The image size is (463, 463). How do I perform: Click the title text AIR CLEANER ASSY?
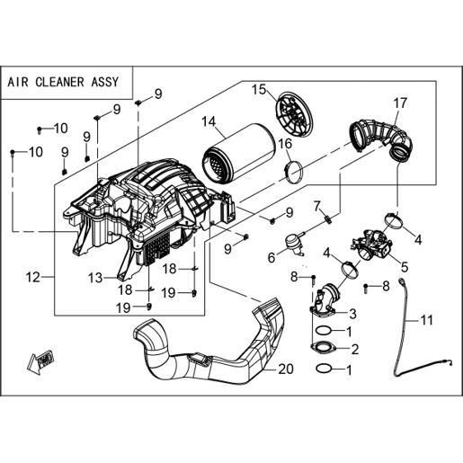tap(63, 82)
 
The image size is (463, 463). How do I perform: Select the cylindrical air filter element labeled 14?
tap(238, 155)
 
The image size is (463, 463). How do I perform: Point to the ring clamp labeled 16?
tap(294, 172)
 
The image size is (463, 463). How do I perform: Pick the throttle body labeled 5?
tap(371, 245)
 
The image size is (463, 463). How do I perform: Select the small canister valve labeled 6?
tap(294, 243)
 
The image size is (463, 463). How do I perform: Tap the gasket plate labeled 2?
tap(323, 348)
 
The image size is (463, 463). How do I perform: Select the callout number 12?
tap(32, 278)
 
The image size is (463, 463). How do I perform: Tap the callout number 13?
tap(95, 278)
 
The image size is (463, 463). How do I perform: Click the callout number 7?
tap(317, 206)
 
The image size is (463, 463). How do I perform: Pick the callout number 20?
tap(286, 370)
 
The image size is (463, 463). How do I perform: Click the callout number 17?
tap(400, 102)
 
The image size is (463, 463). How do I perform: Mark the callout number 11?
tap(427, 320)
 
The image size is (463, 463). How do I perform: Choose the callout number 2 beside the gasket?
tap(355, 349)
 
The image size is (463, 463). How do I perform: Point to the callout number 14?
tap(209, 121)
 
